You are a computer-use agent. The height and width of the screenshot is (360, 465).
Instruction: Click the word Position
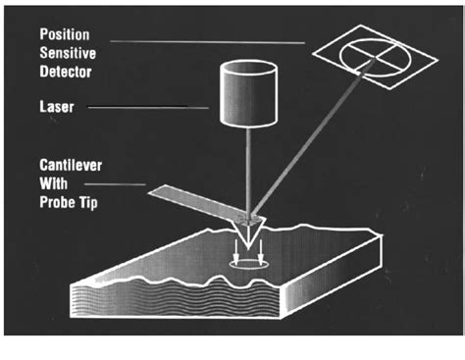[65, 34]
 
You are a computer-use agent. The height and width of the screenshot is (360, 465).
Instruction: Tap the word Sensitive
[68, 53]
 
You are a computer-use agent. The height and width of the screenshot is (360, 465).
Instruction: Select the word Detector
[66, 72]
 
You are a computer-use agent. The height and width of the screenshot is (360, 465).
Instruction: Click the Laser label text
[57, 107]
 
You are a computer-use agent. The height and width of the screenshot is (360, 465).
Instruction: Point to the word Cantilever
[71, 165]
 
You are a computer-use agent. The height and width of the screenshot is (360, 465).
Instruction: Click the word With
[53, 183]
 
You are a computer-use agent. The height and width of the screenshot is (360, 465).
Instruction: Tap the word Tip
[88, 203]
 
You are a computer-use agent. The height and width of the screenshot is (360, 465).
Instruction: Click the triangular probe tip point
[248, 249]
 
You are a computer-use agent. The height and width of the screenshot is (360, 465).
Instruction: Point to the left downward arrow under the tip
[235, 252]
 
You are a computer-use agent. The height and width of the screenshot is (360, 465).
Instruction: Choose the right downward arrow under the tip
[261, 252]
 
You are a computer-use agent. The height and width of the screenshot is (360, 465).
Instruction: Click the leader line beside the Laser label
[148, 107]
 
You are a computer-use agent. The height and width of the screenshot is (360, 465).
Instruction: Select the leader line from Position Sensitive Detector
[208, 42]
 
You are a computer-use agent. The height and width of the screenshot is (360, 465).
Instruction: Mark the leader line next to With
[115, 184]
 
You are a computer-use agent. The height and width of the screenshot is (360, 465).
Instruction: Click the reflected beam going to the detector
[312, 138]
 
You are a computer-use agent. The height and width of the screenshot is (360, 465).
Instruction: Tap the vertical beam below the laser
[249, 172]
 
